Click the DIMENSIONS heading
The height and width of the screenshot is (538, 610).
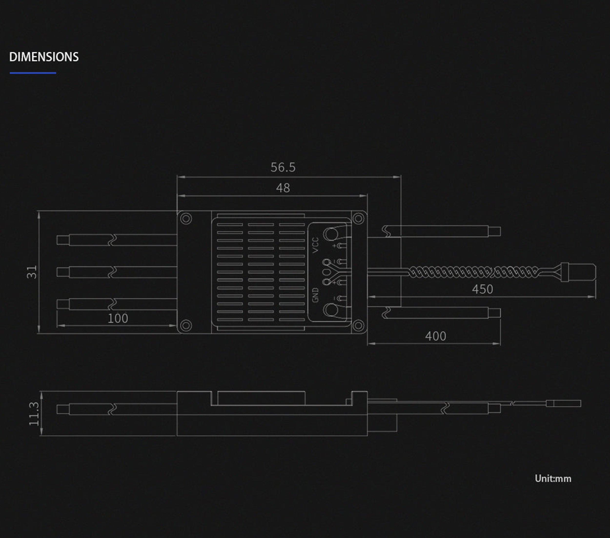(x=44, y=57)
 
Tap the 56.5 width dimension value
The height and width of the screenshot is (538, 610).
(x=283, y=167)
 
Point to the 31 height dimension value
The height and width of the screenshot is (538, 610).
(x=32, y=272)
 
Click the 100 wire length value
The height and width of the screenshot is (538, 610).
(x=118, y=319)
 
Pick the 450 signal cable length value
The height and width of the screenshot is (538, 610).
(x=483, y=289)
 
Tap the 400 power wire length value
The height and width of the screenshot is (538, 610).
(x=436, y=336)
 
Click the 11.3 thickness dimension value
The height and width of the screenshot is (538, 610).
(x=34, y=414)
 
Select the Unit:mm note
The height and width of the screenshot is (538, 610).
(x=553, y=479)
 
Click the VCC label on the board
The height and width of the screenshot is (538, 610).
(x=315, y=245)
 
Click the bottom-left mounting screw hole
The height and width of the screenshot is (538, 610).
(x=186, y=325)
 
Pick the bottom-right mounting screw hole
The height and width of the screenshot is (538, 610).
(x=358, y=325)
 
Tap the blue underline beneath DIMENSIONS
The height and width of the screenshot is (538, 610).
(x=33, y=72)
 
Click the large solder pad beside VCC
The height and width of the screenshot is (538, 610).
(x=331, y=234)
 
